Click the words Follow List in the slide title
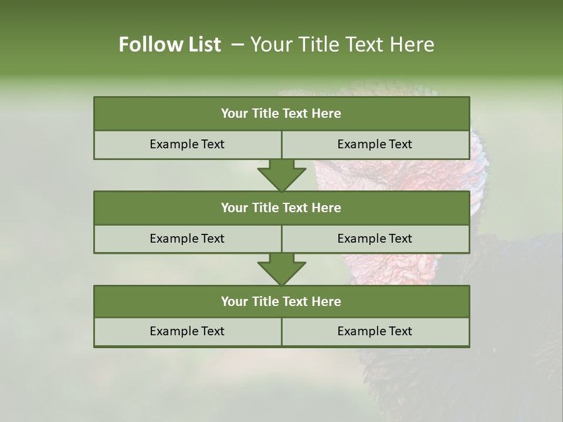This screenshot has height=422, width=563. pyautogui.click(x=169, y=45)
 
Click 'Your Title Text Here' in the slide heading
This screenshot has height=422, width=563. pyautogui.click(x=342, y=45)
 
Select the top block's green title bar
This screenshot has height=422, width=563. pyautogui.click(x=281, y=114)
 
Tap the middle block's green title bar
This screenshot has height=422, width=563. pyautogui.click(x=281, y=207)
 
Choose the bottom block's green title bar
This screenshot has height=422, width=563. pyautogui.click(x=281, y=301)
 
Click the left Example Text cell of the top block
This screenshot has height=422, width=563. pyautogui.click(x=187, y=144)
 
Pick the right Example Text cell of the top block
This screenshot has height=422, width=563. pyautogui.click(x=375, y=144)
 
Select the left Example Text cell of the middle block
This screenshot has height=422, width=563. pyautogui.click(x=187, y=239)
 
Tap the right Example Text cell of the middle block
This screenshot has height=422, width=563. pyautogui.click(x=375, y=239)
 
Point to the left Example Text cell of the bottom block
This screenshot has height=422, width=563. pyautogui.click(x=187, y=331)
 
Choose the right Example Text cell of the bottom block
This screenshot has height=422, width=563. pyautogui.click(x=375, y=331)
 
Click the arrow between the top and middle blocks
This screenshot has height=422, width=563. pyautogui.click(x=281, y=175)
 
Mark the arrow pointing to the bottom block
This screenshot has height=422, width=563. pyautogui.click(x=281, y=270)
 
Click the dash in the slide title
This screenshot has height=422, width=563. pyautogui.click(x=238, y=45)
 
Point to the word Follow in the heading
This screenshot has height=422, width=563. pyautogui.click(x=148, y=45)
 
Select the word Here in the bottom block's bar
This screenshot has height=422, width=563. pyautogui.click(x=326, y=301)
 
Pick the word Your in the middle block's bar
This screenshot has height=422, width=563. pyautogui.click(x=235, y=207)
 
